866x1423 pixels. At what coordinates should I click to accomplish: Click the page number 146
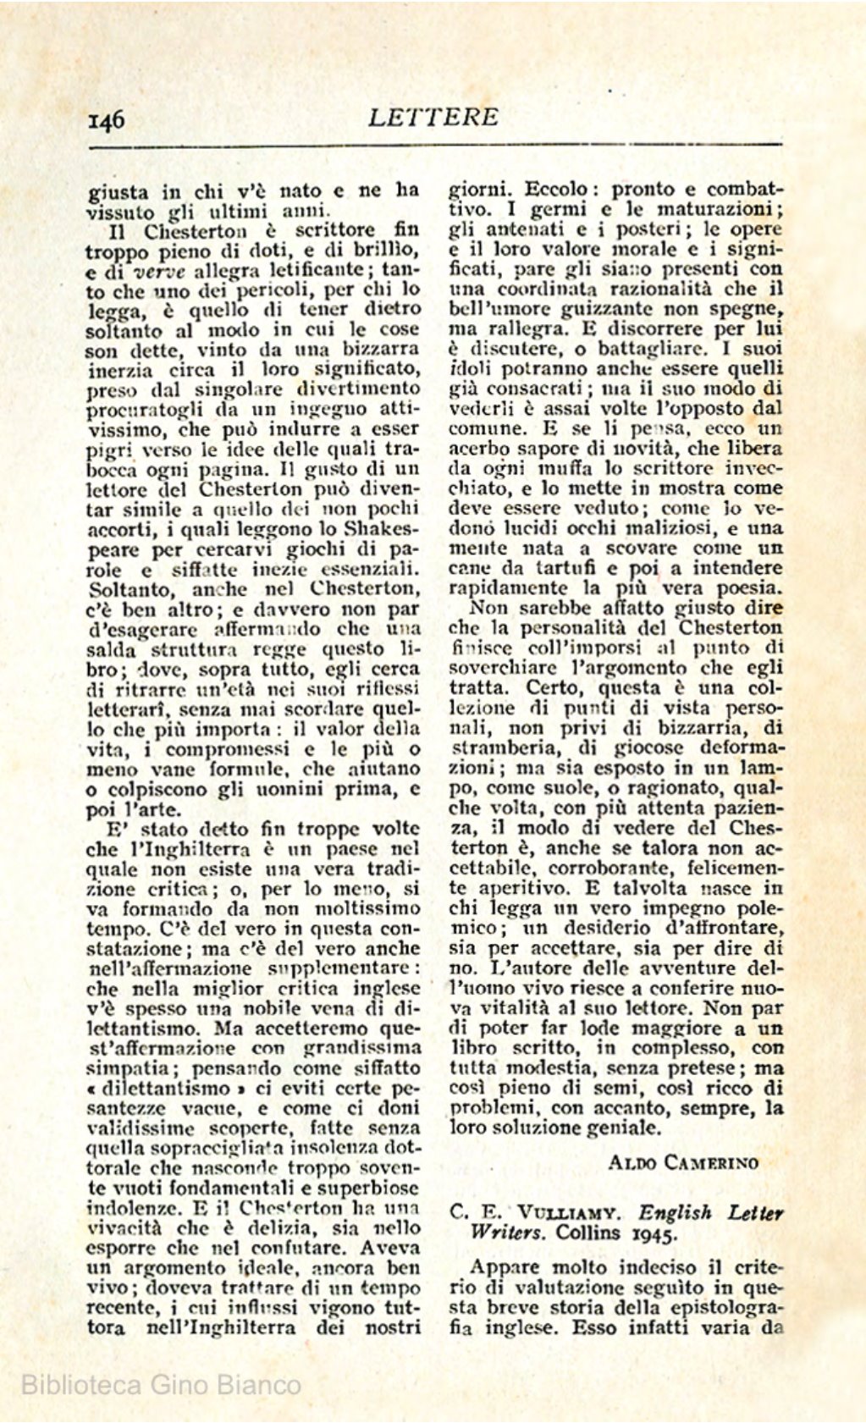pos(107,119)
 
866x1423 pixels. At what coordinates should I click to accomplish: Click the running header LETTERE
pos(433,117)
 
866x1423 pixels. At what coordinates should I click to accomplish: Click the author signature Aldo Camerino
pos(682,1162)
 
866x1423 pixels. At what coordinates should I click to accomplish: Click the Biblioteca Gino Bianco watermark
pos(161,1385)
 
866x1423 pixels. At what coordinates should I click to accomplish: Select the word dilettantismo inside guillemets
pos(166,1089)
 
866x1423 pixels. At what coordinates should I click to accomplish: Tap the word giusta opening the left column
pos(117,191)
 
